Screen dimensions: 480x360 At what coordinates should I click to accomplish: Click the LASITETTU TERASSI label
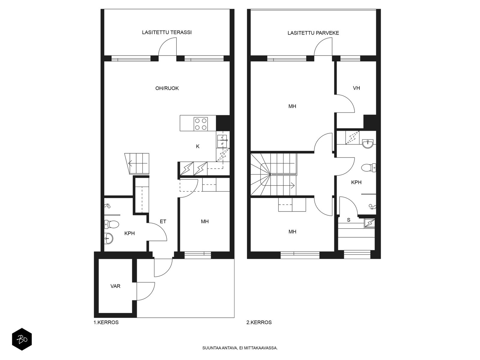(166, 32)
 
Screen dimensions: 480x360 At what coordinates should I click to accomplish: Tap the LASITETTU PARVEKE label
(313, 33)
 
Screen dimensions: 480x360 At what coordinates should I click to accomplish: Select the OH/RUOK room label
(167, 88)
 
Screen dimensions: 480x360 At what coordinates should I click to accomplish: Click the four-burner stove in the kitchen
(201, 124)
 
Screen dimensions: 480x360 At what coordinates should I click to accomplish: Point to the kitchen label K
(198, 146)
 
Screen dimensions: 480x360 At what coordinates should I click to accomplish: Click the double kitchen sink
(222, 141)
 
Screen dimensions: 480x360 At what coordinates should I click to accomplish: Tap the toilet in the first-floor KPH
(112, 224)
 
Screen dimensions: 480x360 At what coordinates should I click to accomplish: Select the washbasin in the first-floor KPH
(109, 238)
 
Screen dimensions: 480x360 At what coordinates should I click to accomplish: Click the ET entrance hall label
(163, 221)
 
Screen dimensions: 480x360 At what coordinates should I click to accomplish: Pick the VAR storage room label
(115, 286)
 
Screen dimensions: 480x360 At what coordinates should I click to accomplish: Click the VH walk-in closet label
(356, 88)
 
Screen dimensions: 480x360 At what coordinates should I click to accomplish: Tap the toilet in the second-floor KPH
(369, 168)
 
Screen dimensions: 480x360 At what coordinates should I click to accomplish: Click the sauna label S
(349, 220)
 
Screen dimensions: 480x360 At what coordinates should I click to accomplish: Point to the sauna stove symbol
(370, 223)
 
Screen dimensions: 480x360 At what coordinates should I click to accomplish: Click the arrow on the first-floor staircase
(137, 163)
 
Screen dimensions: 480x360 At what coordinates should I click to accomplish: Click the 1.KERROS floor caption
(106, 322)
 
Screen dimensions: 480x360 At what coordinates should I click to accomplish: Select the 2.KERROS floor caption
(259, 322)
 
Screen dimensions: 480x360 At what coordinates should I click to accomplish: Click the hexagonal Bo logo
(22, 340)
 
